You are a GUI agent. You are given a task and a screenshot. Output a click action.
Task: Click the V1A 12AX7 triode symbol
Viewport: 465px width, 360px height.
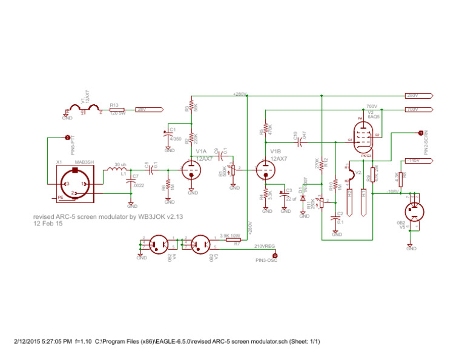[x=191, y=170]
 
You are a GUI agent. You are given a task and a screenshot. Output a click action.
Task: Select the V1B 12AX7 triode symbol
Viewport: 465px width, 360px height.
[x=265, y=170]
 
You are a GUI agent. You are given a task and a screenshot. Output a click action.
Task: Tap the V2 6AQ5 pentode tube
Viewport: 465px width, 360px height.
[x=364, y=136]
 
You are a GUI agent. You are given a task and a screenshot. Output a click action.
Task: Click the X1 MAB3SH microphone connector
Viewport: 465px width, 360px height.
[x=75, y=184]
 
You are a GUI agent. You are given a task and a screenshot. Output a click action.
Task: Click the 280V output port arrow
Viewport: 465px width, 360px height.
[x=418, y=96]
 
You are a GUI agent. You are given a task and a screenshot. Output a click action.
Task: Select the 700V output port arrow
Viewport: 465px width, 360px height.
[x=418, y=110]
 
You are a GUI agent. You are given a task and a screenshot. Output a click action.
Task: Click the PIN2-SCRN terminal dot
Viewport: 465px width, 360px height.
[x=420, y=132]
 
